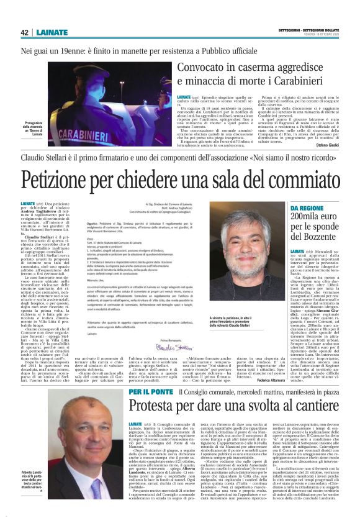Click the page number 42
(24, 32)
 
